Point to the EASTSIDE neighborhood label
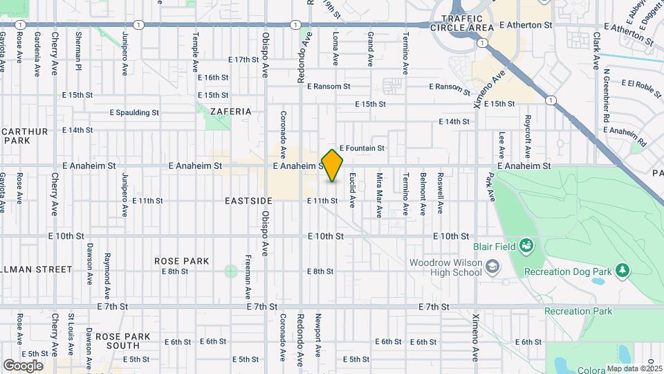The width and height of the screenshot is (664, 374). point(248,200)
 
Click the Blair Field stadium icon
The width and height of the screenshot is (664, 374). point(526,246)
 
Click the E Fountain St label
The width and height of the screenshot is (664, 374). point(361,148)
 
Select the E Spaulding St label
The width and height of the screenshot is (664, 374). point(134,112)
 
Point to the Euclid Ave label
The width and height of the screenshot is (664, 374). point(352,190)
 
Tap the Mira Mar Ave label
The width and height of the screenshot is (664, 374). point(379,195)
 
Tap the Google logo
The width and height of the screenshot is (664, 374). point(23,365)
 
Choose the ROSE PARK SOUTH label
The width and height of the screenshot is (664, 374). point(118,341)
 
